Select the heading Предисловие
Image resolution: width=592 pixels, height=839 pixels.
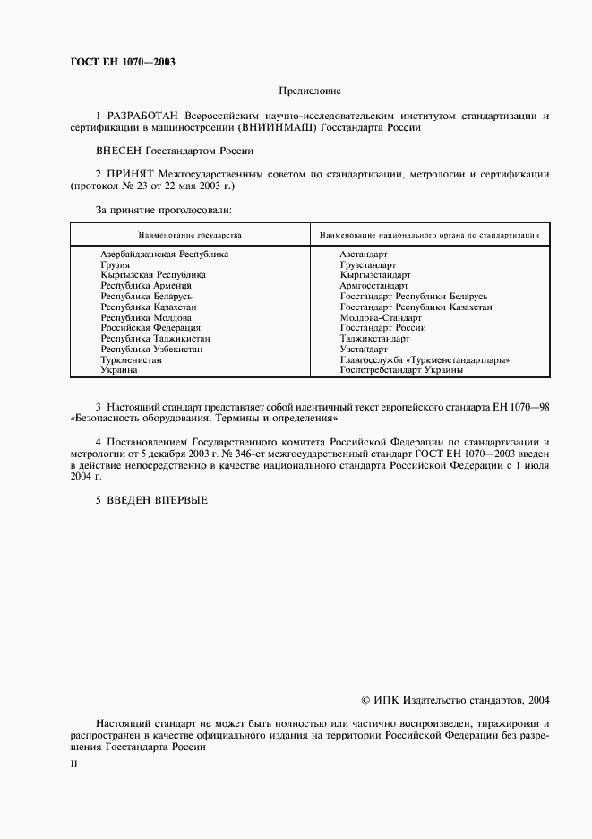pos(310,91)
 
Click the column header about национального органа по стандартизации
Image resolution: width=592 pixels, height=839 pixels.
pos(427,234)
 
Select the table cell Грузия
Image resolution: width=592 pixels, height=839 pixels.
pos(116,265)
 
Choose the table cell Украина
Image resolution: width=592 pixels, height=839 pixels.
pos(118,370)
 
